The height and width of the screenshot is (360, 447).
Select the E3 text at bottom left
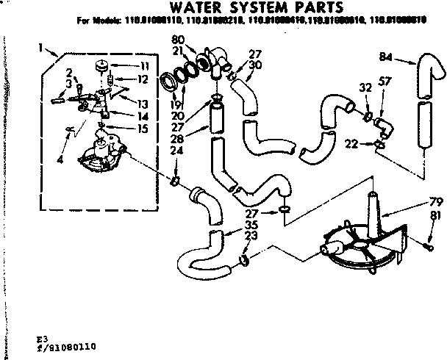pos(51,336)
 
